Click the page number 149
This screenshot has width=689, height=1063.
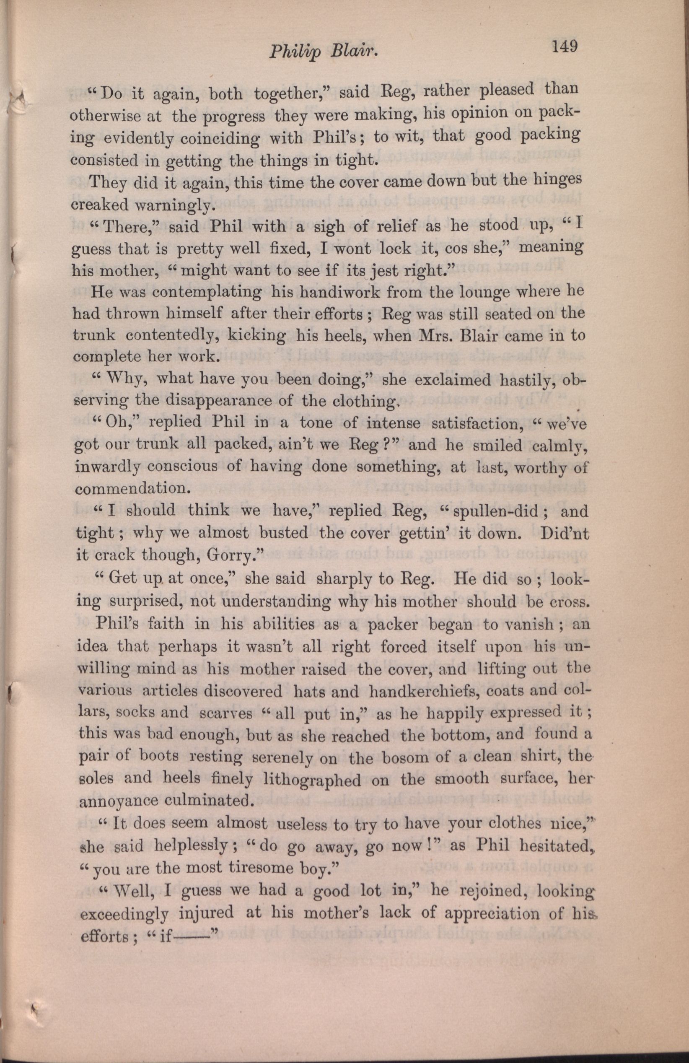565,47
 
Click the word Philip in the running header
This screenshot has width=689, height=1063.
293,53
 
